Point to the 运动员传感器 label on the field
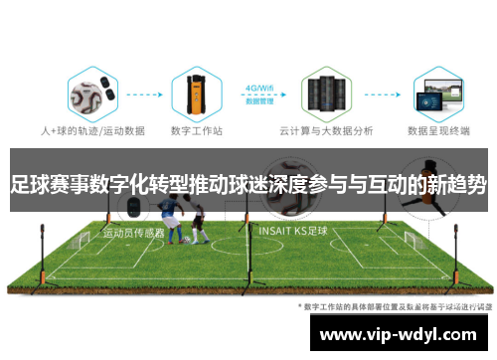(x=133, y=232)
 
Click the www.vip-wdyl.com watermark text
(x=398, y=333)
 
